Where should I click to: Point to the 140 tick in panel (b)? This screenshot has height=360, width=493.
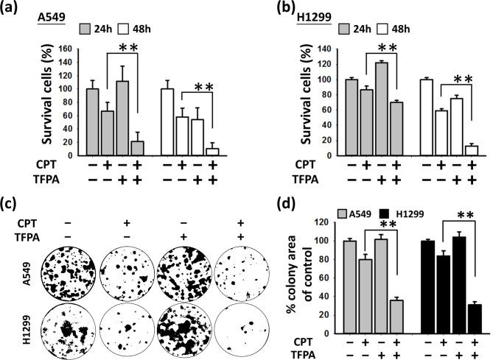point(313,49)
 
